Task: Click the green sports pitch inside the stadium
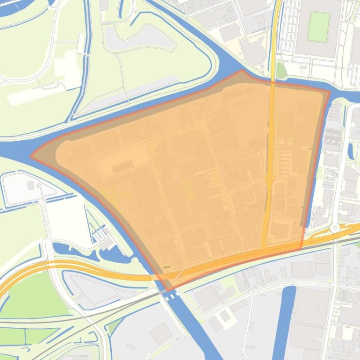click(x=319, y=26)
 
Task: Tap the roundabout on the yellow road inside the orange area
click(x=269, y=178)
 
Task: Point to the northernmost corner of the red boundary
click(x=242, y=71)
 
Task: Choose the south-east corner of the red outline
click(x=301, y=248)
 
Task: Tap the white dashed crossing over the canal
click(x=171, y=296)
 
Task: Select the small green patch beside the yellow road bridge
click(x=280, y=70)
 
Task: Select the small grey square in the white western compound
click(x=31, y=186)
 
